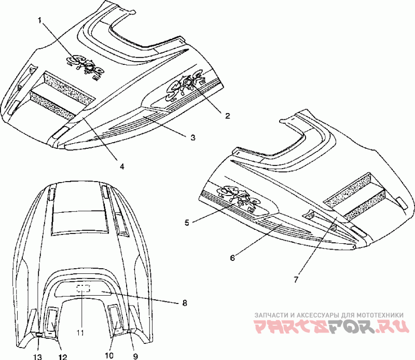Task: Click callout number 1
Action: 39,20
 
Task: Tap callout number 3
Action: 192,137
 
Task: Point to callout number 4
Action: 121,167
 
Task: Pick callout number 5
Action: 187,223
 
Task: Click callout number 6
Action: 232,257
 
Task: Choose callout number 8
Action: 184,302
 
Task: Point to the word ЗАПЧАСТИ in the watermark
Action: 271,315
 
